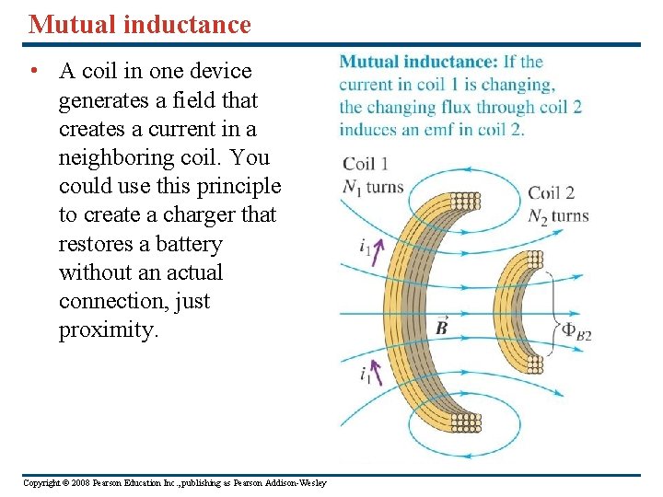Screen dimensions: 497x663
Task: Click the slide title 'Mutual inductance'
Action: click(139, 25)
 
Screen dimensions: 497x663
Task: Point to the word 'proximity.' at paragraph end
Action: click(109, 329)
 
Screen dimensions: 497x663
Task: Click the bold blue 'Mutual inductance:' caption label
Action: click(418, 63)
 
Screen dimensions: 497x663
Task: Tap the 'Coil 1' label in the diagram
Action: click(366, 164)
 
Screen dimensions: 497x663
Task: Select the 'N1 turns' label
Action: click(372, 187)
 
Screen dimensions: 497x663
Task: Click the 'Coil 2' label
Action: click(551, 193)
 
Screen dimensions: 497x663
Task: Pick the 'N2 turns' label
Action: click(557, 216)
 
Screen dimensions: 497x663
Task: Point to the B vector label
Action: click(441, 327)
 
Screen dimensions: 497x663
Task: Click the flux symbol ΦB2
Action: click(576, 333)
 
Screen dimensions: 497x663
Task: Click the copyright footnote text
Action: click(174, 483)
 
